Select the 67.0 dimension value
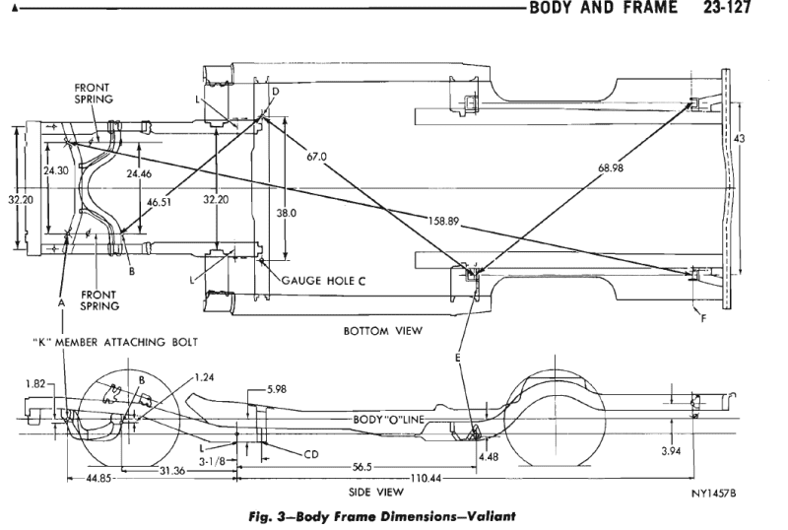(x=315, y=156)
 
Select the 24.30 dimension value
(x=56, y=170)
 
